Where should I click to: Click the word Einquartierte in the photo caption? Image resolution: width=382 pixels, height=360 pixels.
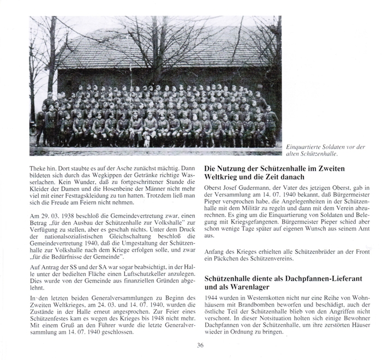click(x=303, y=147)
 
